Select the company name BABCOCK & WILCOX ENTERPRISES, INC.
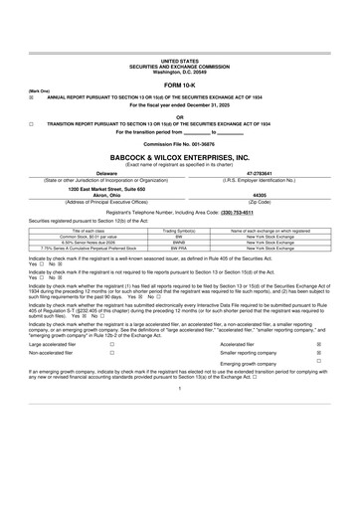(179, 157)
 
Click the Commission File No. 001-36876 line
(179, 144)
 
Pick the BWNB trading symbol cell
(179, 240)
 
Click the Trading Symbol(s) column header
(179, 229)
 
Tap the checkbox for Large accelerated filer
(111, 343)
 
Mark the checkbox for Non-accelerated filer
(111, 353)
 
